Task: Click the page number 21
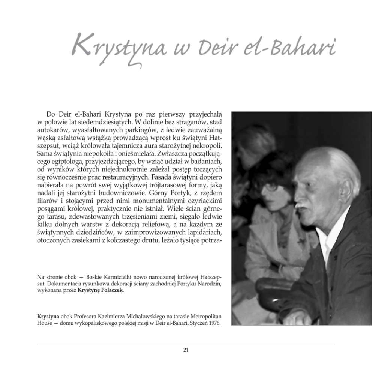[x=186, y=350]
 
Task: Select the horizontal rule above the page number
[x=186, y=343]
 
